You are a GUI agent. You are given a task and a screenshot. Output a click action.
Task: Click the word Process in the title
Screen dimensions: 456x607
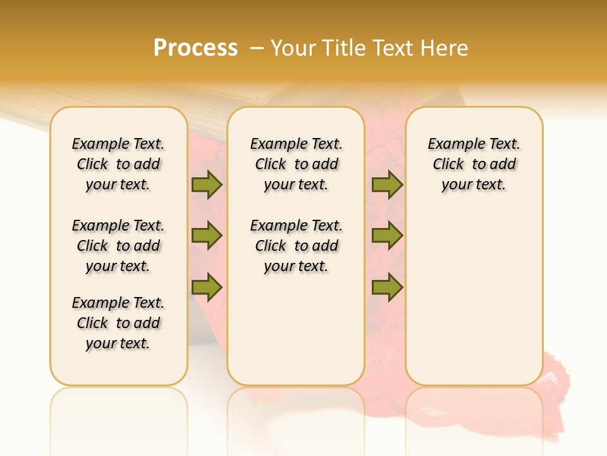pos(195,48)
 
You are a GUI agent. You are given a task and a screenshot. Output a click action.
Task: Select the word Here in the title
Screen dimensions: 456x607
pos(445,48)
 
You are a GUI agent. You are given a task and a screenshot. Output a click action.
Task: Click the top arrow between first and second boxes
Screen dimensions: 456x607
pos(207,184)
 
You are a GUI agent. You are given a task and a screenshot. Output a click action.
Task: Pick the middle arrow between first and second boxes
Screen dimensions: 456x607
pos(207,236)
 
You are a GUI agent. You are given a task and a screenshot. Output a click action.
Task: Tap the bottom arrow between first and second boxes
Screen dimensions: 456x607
pos(207,287)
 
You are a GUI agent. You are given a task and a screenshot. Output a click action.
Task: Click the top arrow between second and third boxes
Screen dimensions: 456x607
pos(387,184)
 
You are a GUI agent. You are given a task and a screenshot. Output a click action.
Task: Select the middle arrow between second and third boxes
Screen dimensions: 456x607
pos(387,236)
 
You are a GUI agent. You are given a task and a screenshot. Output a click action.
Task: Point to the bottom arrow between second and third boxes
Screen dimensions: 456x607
pos(387,287)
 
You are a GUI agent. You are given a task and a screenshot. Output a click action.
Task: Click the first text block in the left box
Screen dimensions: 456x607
pos(118,164)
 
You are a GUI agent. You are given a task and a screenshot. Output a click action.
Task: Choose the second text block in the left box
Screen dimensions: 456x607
pos(118,246)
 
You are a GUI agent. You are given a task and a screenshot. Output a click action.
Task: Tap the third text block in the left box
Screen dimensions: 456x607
pos(118,323)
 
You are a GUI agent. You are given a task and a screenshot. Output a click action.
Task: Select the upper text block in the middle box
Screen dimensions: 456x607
pos(296,164)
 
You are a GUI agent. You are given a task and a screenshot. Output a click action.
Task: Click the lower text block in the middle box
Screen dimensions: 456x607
pos(296,246)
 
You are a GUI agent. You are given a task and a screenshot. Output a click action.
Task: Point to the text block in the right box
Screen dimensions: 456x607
pos(474,164)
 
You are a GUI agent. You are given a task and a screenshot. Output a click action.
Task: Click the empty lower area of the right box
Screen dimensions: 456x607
pos(474,298)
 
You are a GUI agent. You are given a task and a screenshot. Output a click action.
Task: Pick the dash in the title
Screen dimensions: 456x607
pos(256,48)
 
